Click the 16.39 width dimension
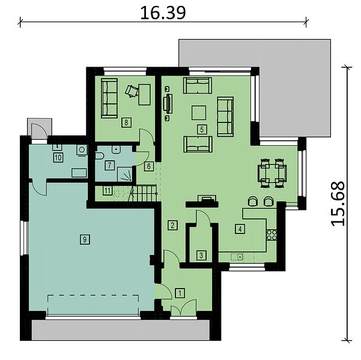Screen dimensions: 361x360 [x=163, y=13]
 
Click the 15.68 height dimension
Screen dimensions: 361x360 [x=338, y=203]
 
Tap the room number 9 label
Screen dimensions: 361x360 [x=85, y=239]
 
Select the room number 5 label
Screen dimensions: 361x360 [x=202, y=130]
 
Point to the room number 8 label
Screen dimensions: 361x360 [x=126, y=122]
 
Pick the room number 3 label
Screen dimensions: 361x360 [x=201, y=256]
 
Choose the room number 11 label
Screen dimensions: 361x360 [x=108, y=190]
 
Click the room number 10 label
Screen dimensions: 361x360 [x=58, y=158]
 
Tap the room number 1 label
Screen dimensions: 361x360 [x=180, y=293]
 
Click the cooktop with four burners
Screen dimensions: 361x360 [x=272, y=235]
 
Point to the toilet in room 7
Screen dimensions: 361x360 [x=100, y=157]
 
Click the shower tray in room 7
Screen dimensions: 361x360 [x=125, y=175]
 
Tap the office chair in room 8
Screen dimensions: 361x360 [x=132, y=91]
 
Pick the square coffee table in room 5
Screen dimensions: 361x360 [x=199, y=112]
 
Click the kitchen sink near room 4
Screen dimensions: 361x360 [x=237, y=257]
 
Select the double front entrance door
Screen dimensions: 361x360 [x=184, y=308]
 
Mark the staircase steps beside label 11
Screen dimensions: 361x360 [x=143, y=193]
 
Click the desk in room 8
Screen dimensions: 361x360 [x=144, y=95]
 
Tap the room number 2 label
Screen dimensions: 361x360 [x=172, y=225]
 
